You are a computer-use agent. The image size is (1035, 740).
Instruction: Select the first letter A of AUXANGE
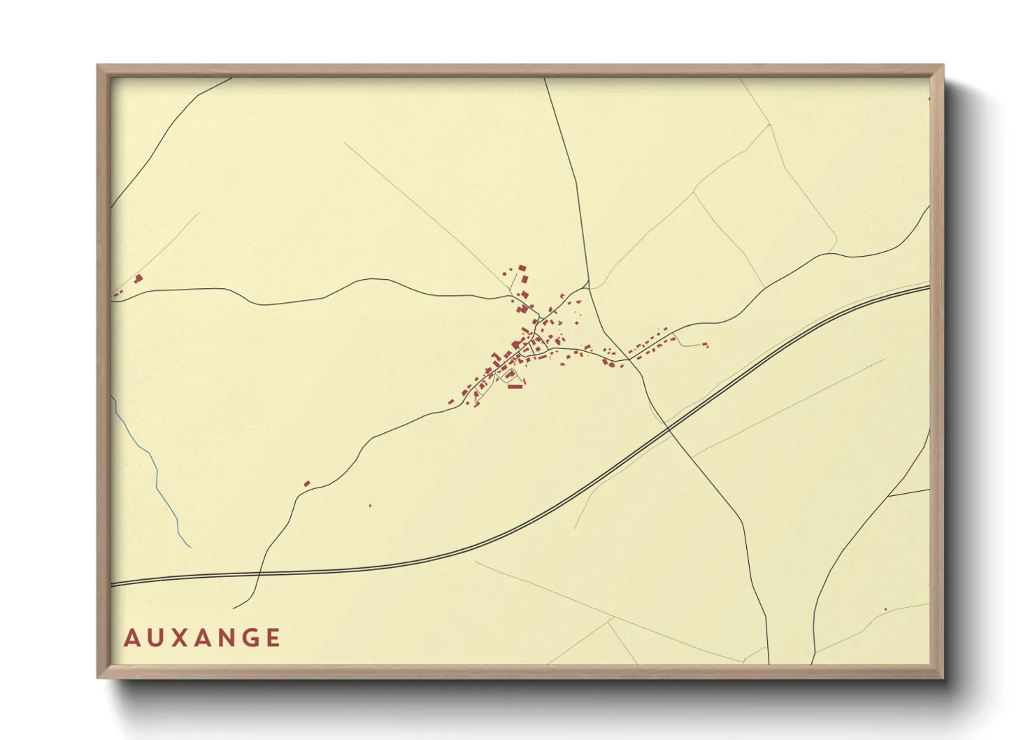point(131,638)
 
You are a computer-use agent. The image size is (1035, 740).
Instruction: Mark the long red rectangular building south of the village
point(515,386)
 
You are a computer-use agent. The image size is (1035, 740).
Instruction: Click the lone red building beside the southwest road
point(306,483)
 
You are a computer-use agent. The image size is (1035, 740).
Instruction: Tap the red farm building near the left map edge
point(138,278)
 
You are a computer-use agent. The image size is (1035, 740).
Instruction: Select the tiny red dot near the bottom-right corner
point(885,609)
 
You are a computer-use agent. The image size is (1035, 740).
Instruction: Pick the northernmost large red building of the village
point(522,268)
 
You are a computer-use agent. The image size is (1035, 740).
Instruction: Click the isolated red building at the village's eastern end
point(705,344)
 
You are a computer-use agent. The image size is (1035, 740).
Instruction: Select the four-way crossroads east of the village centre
point(629,360)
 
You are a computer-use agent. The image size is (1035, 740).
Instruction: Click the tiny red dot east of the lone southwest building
point(370,505)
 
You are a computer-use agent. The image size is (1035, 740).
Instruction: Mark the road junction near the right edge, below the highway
point(888,496)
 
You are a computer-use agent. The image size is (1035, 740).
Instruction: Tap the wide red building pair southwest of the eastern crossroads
point(608,363)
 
